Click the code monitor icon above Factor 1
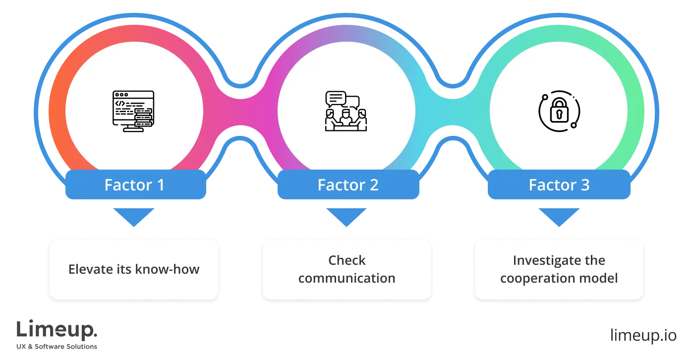133,111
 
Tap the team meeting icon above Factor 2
347,111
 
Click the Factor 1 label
134,185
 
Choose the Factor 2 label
348,185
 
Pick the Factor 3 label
559,185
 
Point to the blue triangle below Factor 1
133,216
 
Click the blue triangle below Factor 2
347,216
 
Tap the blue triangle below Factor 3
559,216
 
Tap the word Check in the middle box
347,260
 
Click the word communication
347,278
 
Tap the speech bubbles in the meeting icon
342,99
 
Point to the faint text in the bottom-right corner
643,334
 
